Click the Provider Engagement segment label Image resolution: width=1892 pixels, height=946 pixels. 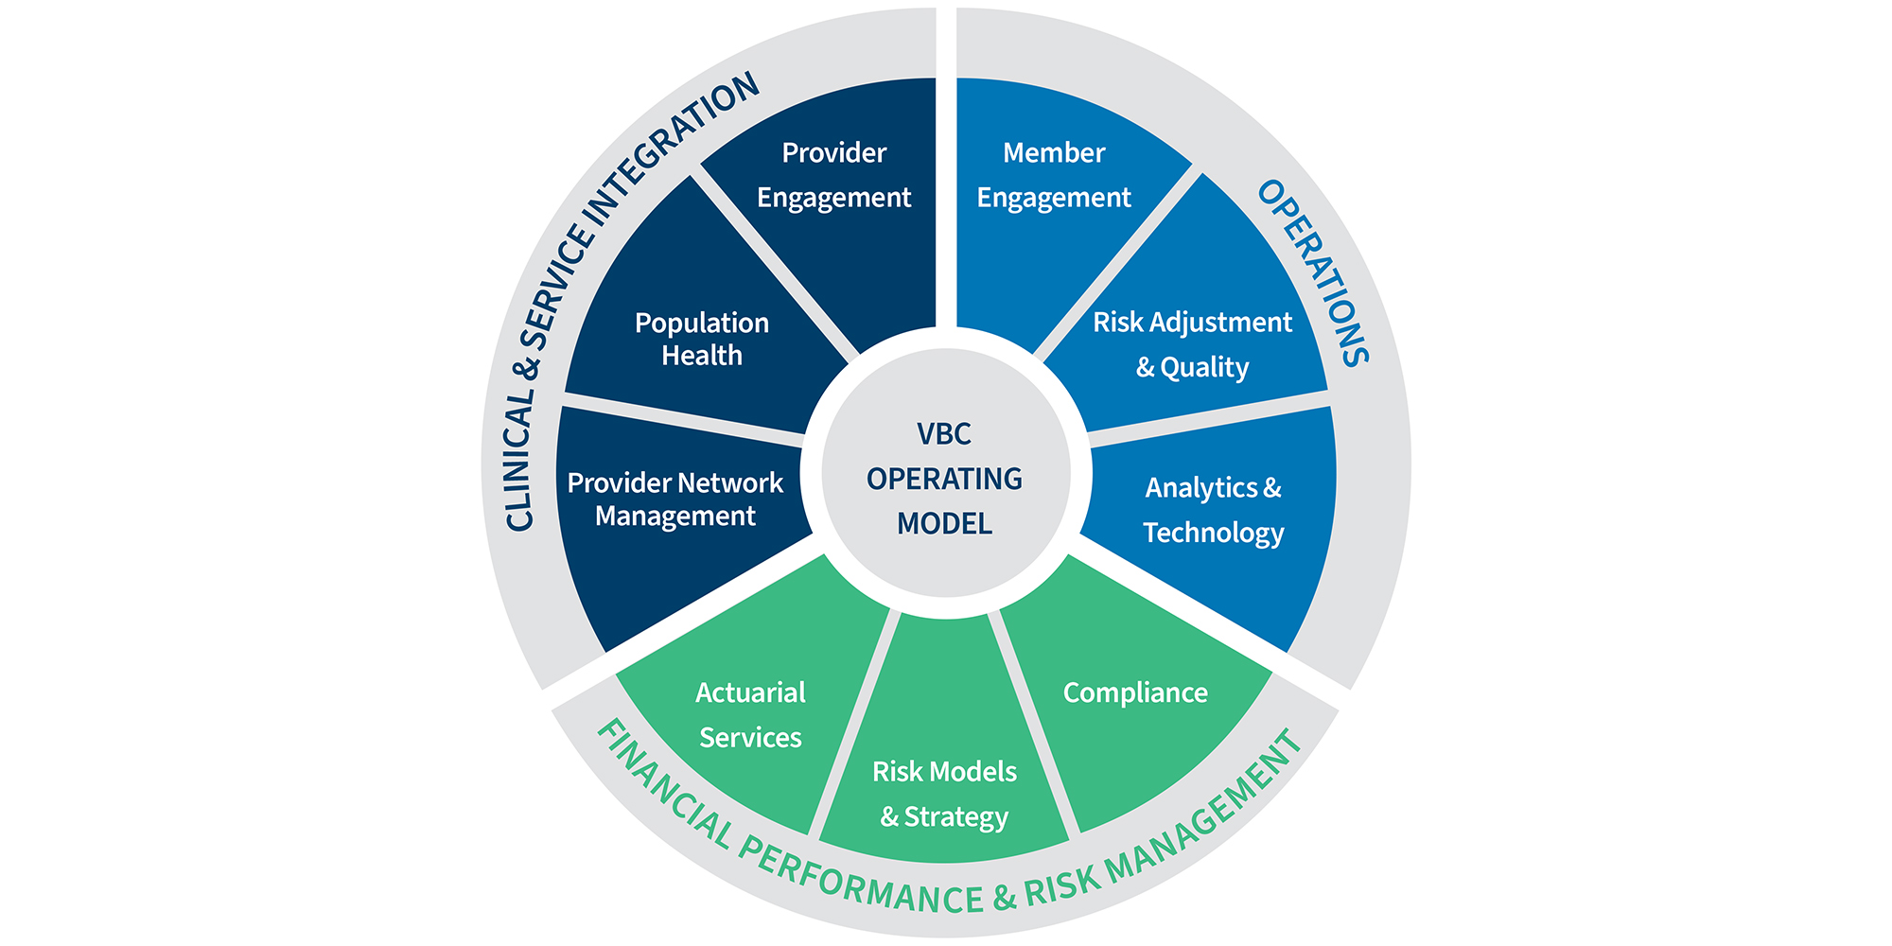pyautogui.click(x=833, y=175)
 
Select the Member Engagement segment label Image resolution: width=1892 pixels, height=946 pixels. pyautogui.click(x=1054, y=175)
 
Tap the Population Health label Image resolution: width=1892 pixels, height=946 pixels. pyautogui.click(x=701, y=339)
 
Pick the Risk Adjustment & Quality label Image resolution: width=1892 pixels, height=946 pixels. pyautogui.click(x=1192, y=344)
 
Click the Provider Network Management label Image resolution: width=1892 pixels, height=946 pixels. pyautogui.click(x=674, y=499)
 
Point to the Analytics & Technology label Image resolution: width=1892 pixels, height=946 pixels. pyautogui.click(x=1213, y=510)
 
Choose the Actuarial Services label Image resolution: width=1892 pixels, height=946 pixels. pyautogui.click(x=750, y=714)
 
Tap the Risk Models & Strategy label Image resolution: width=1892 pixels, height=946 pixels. pyautogui.click(x=944, y=794)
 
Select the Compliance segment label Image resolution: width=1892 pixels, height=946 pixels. pyautogui.click(x=1135, y=692)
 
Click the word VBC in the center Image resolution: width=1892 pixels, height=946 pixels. pyautogui.click(x=944, y=434)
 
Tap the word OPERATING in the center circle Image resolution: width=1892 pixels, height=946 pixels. pyautogui.click(x=944, y=479)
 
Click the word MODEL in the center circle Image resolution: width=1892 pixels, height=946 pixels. pyautogui.click(x=944, y=523)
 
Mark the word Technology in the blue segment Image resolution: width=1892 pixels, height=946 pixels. pyautogui.click(x=1213, y=533)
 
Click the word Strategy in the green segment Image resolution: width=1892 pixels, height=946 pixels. pyautogui.click(x=955, y=816)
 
